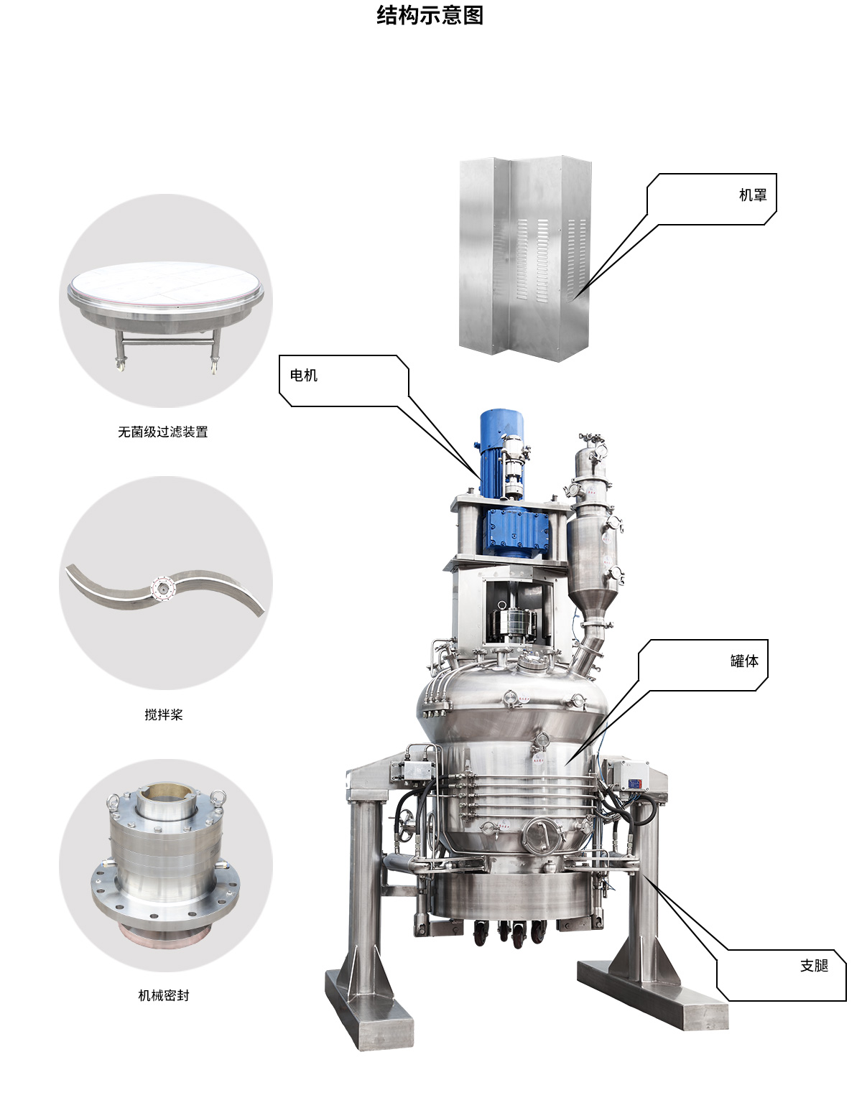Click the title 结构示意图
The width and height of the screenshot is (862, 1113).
coord(430,15)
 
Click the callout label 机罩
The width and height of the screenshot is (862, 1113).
coord(752,195)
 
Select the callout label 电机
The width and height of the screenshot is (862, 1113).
coord(304,376)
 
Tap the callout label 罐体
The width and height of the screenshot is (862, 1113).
coord(744,661)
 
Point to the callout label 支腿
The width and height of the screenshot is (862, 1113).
coord(815,966)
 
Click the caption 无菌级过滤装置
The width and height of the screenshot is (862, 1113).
coord(163,432)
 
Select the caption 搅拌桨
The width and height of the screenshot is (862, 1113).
coord(163,714)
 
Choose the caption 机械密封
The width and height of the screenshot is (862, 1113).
coord(163,995)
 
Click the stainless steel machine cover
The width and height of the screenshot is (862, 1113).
coord(526,259)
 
